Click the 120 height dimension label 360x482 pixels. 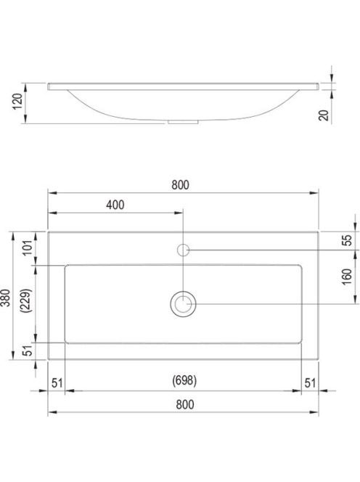tap(18, 102)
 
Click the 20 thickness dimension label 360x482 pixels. tap(324, 115)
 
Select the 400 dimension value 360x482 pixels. tap(115, 205)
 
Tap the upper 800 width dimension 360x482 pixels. tap(181, 185)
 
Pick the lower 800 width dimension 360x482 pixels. tap(185, 404)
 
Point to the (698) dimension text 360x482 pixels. tap(184, 380)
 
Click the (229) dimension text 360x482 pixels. tap(26, 301)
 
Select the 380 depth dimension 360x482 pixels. tap(6, 298)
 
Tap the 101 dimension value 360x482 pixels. tap(28, 248)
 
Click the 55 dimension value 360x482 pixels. tap(346, 240)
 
